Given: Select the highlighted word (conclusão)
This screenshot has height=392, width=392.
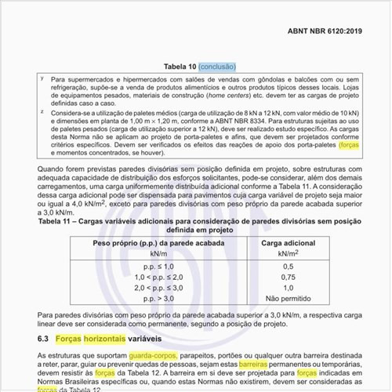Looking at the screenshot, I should coord(222,67).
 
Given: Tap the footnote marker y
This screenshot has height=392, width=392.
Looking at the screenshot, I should coord(41,79).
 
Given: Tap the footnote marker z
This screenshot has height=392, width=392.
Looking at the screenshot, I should coord(41,112).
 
